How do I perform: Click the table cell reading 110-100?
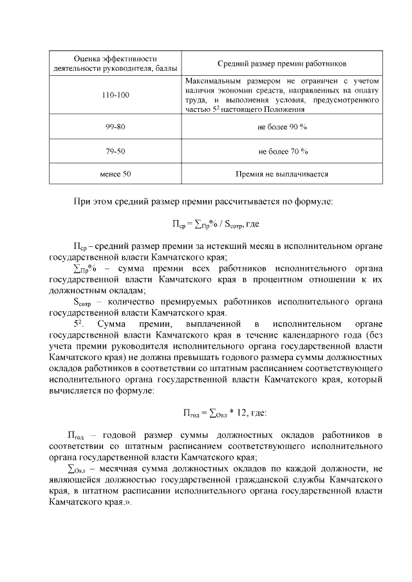click(115, 95)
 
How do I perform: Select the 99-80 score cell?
click(115, 127)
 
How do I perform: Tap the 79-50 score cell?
click(115, 151)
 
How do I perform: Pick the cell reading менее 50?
click(115, 174)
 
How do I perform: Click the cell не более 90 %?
click(282, 127)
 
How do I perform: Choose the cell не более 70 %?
click(282, 151)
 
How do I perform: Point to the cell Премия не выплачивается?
click(282, 174)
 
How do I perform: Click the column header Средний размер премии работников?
click(282, 64)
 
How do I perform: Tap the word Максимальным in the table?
click(211, 82)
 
